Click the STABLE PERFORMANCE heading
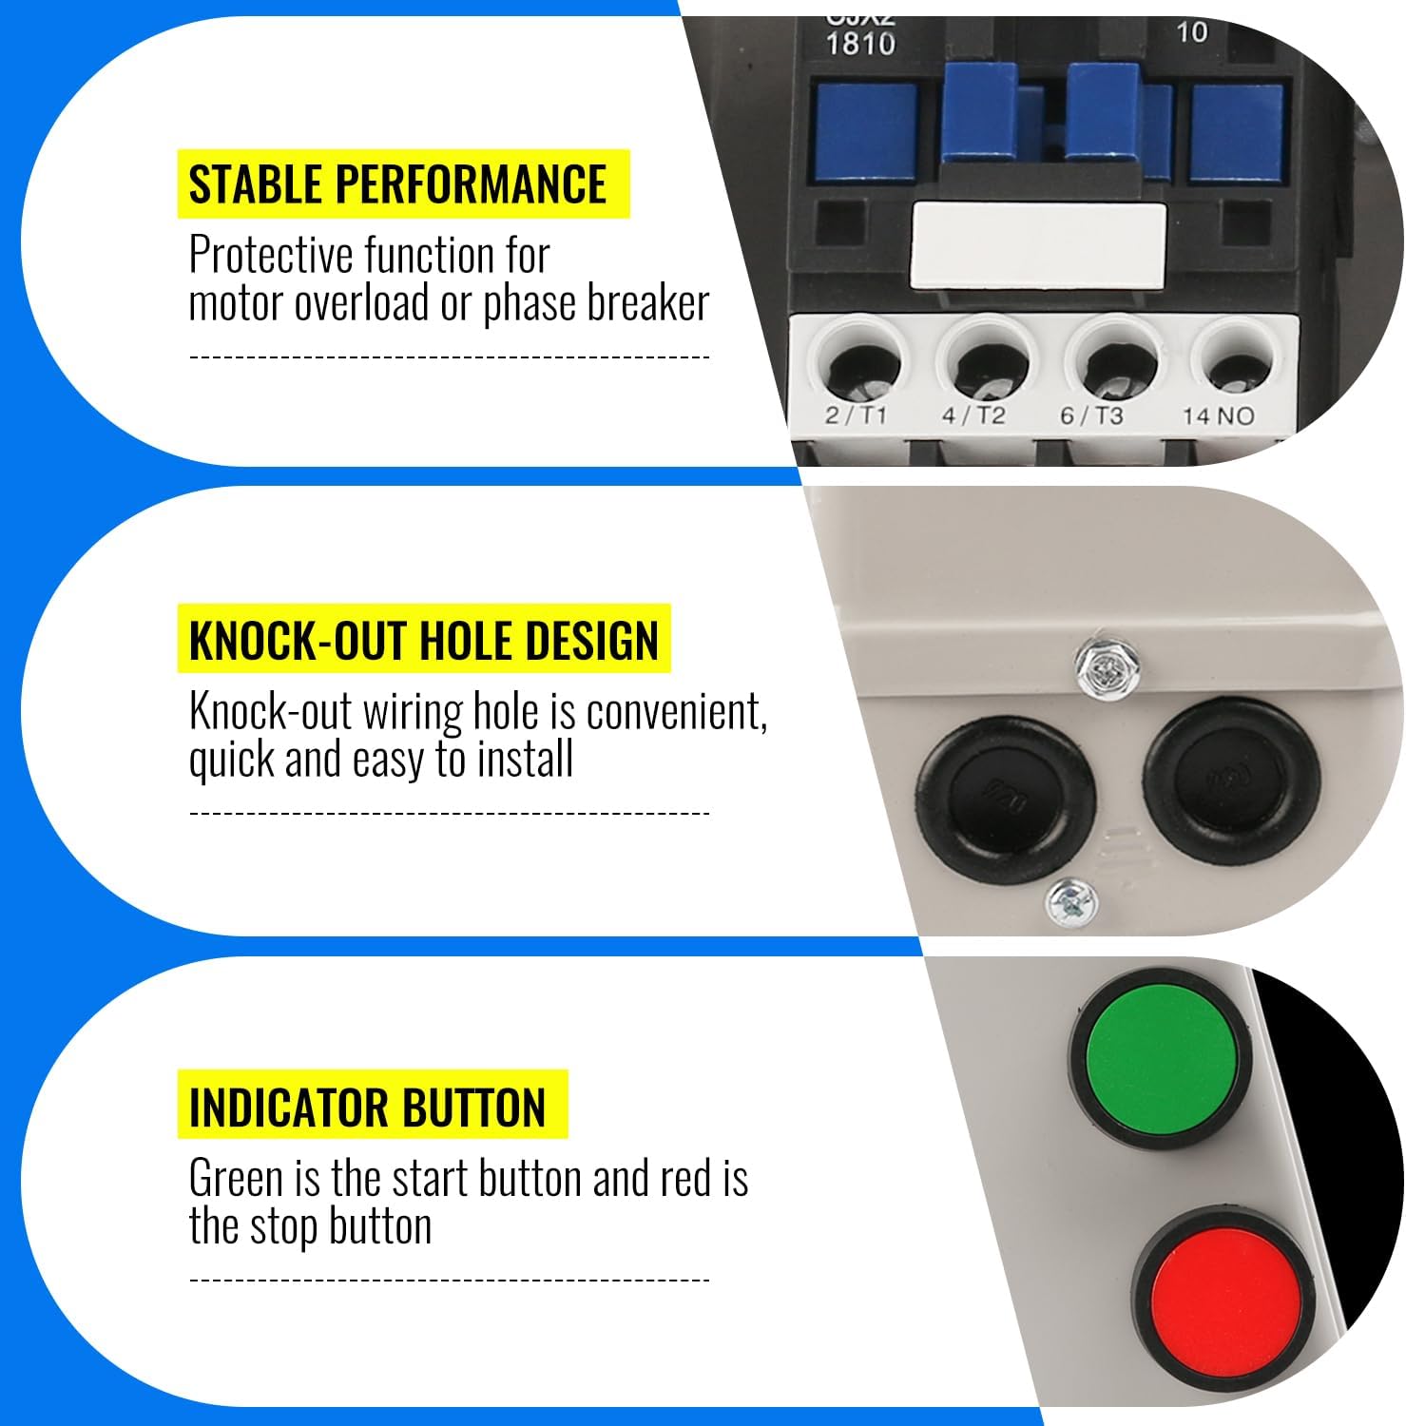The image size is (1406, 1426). point(397,183)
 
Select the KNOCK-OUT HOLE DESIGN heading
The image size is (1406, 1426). point(423,640)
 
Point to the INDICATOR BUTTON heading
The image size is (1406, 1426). point(368,1108)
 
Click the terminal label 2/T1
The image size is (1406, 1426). point(856,415)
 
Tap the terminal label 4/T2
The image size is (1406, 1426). point(973,415)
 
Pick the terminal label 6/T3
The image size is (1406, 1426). point(1091,415)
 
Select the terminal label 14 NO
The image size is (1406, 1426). point(1218,415)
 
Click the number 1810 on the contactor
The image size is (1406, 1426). point(860,44)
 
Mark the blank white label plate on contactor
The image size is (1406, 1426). point(1037,245)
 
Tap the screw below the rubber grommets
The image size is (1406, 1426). point(1071,901)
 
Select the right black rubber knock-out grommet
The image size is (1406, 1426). point(1232,779)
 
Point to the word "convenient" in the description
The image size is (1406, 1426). point(677,712)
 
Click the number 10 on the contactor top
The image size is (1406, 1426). point(1191,32)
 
